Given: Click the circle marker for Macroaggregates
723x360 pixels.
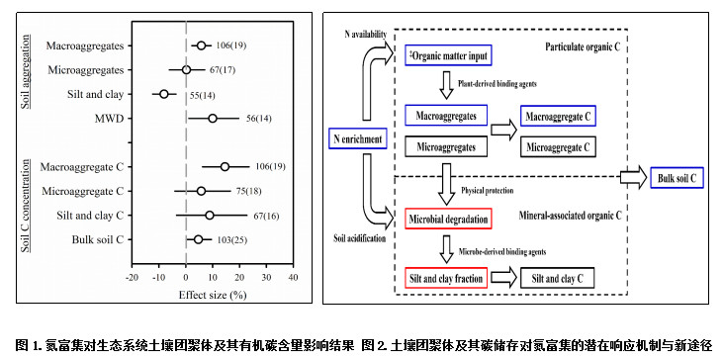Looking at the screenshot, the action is (201, 45).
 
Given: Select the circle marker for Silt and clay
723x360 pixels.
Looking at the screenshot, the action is (164, 94).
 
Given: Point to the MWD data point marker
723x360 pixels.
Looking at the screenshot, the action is (213, 119).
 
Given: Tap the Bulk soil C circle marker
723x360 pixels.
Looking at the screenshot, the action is (198, 239).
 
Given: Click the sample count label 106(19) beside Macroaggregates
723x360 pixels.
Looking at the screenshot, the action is (232, 45).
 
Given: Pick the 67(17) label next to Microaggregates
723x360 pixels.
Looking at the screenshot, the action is (223, 70).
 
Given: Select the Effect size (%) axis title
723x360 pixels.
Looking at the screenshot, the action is (213, 295).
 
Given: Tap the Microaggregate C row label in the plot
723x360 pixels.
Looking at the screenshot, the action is (82, 191).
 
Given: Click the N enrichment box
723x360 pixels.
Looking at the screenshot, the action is (357, 138).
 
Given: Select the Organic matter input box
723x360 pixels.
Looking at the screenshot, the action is (449, 55).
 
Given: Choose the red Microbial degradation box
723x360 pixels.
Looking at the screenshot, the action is (449, 219).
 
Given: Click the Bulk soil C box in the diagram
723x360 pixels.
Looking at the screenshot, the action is (677, 178).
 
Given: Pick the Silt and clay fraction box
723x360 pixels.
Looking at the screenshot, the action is (446, 279).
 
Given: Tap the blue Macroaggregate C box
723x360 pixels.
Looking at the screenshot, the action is (559, 116).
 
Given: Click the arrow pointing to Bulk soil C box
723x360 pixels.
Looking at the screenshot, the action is (633, 177).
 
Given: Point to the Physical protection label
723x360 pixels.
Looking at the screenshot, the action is (488, 190).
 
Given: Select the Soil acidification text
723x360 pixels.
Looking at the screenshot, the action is (360, 238).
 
